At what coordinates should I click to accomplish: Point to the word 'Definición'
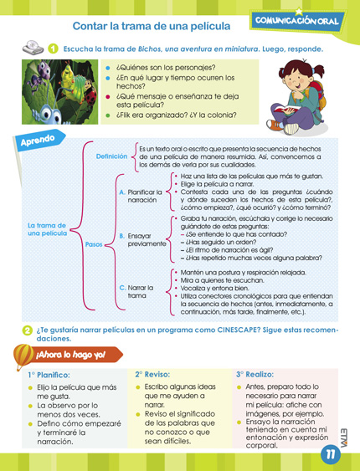[x=111, y=156]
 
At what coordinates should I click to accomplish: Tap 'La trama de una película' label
[x=46, y=228]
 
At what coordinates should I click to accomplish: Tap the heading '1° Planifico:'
[x=49, y=375]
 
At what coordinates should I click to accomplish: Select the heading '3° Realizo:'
[x=255, y=374]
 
